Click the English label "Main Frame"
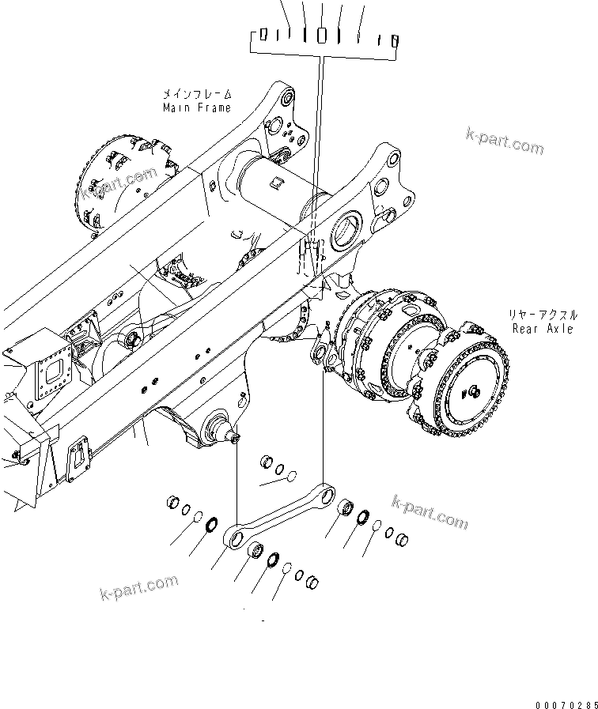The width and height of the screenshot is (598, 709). (197, 107)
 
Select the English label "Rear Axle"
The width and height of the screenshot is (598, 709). (543, 328)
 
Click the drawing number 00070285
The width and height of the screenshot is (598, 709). (562, 701)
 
